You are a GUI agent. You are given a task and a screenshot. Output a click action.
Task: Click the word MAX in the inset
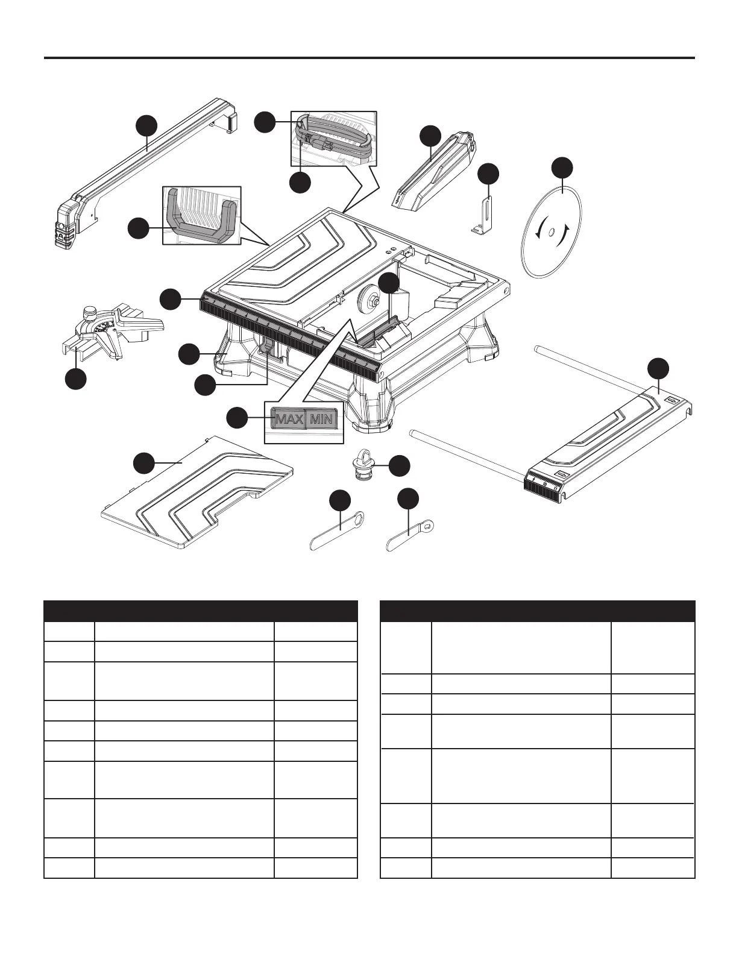click(288, 418)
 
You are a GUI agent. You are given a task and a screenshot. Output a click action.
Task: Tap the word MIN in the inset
click(321, 418)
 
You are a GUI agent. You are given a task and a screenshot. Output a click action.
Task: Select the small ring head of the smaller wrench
click(429, 526)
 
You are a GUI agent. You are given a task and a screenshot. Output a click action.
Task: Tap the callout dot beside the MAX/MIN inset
click(236, 418)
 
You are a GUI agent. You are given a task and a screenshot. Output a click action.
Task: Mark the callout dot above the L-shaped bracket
click(488, 174)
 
